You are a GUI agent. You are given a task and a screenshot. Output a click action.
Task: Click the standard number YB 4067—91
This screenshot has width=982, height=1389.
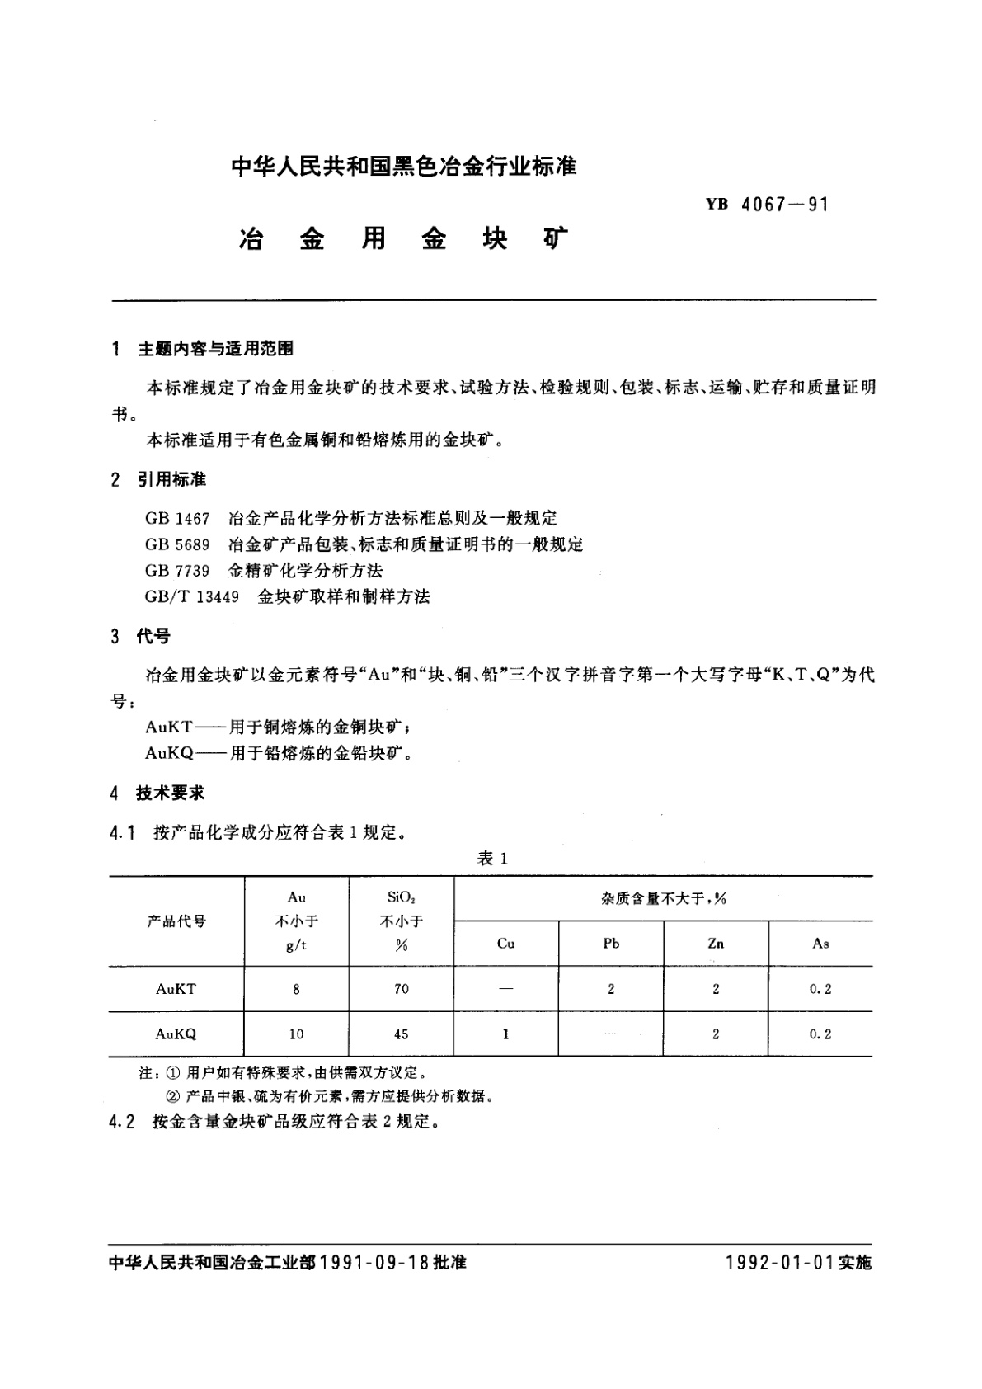pos(766,205)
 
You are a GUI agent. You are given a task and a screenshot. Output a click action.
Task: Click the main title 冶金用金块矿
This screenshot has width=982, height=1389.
pos(403,239)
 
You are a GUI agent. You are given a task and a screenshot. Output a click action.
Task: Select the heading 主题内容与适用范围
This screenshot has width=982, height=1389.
pos(214,349)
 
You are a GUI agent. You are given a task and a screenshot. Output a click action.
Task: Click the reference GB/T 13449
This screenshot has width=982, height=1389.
pos(191,596)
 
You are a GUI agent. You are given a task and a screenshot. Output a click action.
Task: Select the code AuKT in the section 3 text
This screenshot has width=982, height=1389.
pos(169,727)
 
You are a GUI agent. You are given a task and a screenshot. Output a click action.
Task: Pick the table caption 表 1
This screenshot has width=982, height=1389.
pos(492,859)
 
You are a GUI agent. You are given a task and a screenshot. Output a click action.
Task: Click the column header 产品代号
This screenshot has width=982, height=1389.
pos(176,921)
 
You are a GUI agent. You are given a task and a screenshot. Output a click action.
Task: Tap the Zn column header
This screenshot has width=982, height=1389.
pos(716,944)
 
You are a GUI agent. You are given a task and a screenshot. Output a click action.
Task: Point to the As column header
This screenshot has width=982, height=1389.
pos(820,944)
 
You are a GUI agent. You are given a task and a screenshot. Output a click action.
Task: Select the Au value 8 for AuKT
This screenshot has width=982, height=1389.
pos(296,989)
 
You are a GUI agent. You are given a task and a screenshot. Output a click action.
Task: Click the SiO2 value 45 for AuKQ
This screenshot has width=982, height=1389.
pos(401,1034)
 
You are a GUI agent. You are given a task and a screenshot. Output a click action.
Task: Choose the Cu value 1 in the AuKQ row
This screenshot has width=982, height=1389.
pos(505,1034)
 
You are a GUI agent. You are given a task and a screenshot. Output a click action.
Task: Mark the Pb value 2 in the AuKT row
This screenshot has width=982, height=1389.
pos(611,989)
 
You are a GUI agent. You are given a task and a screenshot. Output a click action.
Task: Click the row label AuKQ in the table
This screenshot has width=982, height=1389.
pos(176,1034)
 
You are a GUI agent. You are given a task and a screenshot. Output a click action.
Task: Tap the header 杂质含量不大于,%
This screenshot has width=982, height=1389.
pos(663,898)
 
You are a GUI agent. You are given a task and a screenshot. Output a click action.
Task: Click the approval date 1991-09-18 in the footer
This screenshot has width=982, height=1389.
pos(374,1263)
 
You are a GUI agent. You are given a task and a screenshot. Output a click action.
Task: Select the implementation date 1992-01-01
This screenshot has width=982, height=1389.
pos(780,1263)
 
